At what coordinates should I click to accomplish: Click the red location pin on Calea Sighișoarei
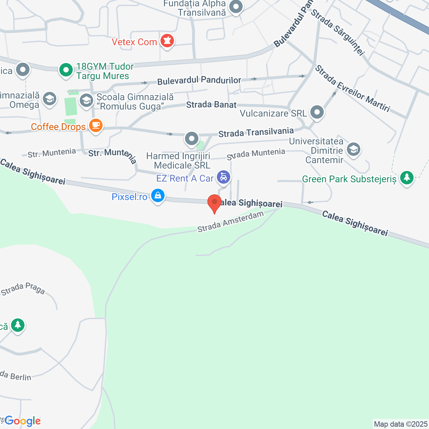click(214, 202)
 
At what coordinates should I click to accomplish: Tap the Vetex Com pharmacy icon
click(167, 41)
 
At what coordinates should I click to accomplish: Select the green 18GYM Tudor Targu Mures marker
click(66, 70)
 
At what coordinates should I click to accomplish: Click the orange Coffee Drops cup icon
click(96, 125)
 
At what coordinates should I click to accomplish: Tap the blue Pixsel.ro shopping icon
click(158, 195)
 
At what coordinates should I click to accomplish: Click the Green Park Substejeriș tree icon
click(407, 177)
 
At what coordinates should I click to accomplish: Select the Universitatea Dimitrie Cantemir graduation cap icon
click(354, 149)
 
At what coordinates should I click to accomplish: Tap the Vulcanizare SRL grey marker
click(317, 112)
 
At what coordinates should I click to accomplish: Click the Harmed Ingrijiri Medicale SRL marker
click(192, 138)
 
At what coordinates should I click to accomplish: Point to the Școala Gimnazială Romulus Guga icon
click(86, 100)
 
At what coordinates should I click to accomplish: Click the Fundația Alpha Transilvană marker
click(236, 7)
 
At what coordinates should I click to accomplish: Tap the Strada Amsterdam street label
click(231, 222)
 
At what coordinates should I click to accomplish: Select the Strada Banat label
click(211, 105)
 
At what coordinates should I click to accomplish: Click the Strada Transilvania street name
click(256, 132)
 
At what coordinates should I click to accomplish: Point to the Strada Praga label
click(23, 289)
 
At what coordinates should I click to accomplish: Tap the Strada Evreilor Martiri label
click(353, 89)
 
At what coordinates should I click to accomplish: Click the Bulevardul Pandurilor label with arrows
click(199, 80)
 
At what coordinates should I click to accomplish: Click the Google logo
click(23, 421)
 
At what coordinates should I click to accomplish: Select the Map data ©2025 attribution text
click(401, 424)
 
